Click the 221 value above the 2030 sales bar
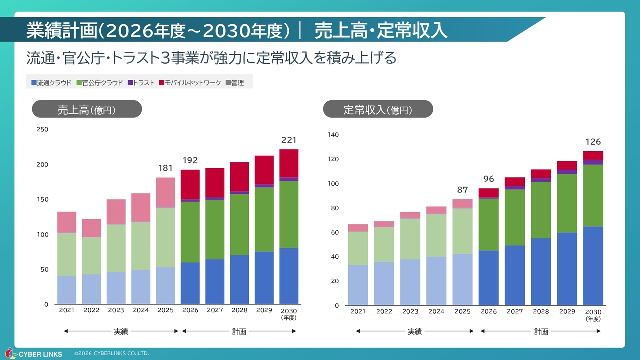coord(289,140)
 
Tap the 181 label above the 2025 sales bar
coord(165,168)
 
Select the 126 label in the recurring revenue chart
coord(593,142)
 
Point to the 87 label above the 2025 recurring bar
coord(462,190)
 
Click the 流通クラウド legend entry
coord(51,83)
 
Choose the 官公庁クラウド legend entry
coord(99,83)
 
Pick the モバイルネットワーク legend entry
coord(190,83)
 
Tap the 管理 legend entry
coord(235,83)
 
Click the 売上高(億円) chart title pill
coord(87,109)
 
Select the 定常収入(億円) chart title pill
coord(378,109)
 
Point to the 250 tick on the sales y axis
coord(43,130)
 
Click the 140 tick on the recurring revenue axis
coord(333,135)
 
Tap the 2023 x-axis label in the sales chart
coord(116,310)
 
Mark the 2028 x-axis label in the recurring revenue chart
coord(541,312)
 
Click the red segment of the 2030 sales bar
coord(289,163)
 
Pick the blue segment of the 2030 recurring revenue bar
coord(593,266)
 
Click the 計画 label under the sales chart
coord(239,331)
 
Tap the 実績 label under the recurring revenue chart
coord(415,331)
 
